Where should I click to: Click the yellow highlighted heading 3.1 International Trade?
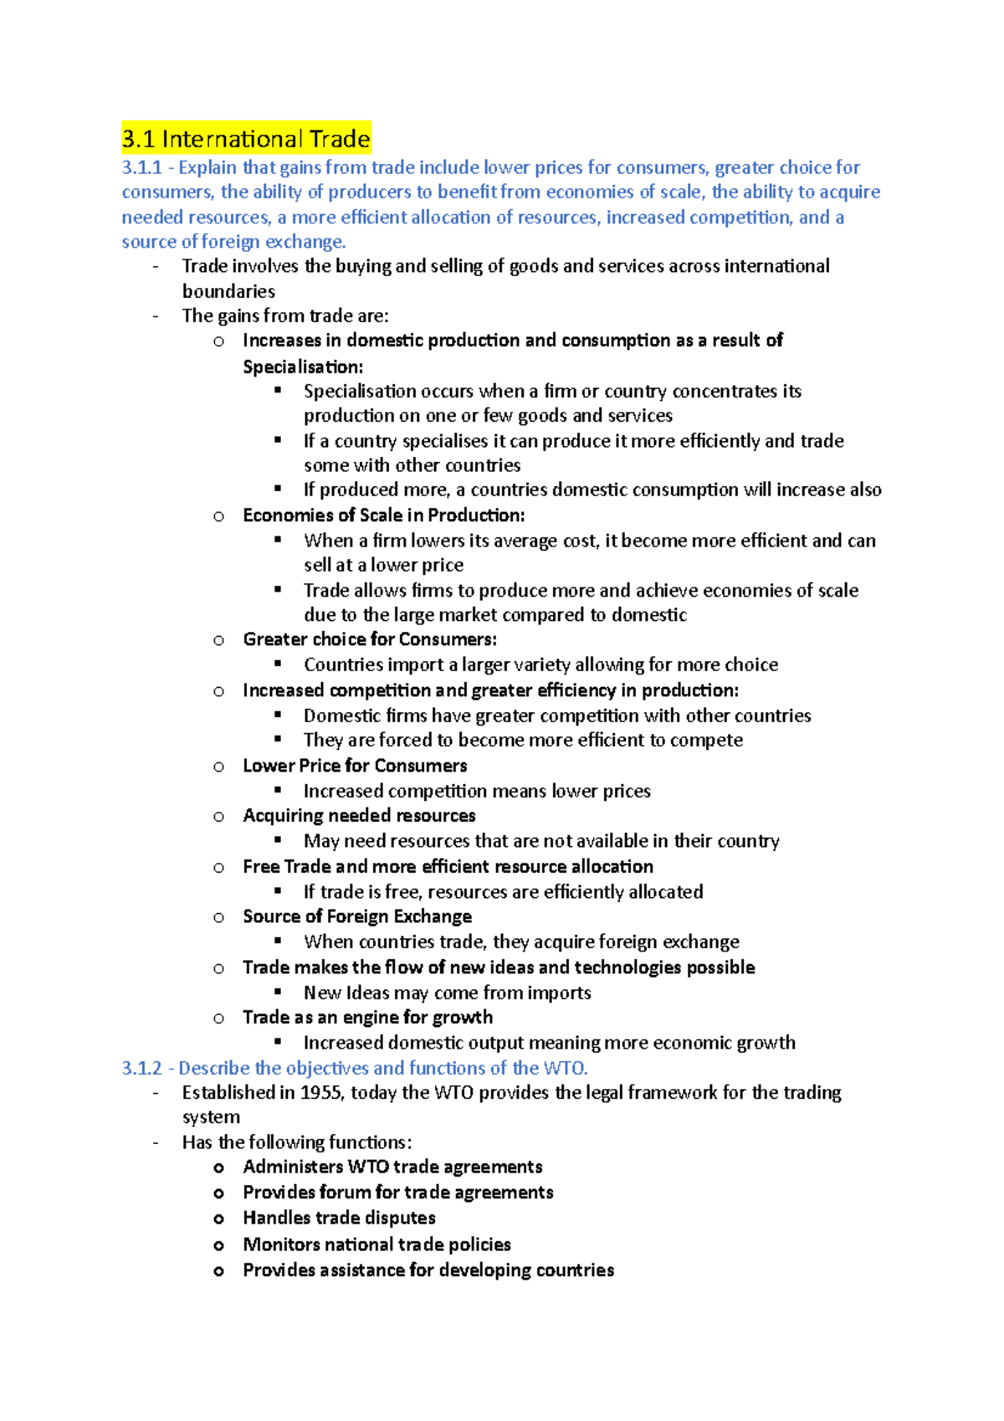pyautogui.click(x=246, y=139)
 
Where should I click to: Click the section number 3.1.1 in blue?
pyautogui.click(x=141, y=167)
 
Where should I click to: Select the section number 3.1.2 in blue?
pyautogui.click(x=141, y=1068)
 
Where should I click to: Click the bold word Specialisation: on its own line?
pyautogui.click(x=303, y=367)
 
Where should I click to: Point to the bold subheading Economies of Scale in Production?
pyautogui.click(x=383, y=516)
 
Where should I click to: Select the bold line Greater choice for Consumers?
pyautogui.click(x=370, y=639)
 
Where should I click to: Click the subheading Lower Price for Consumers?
pyautogui.click(x=355, y=766)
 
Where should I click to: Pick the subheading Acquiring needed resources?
pyautogui.click(x=359, y=816)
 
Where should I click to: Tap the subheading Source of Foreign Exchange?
pyautogui.click(x=357, y=916)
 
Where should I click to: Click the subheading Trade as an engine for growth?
pyautogui.click(x=367, y=1018)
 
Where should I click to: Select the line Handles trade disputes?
pyautogui.click(x=339, y=1218)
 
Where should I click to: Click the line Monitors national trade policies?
pyautogui.click(x=376, y=1244)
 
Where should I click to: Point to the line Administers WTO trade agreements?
pyautogui.click(x=392, y=1167)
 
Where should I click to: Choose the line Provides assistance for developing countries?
pyautogui.click(x=428, y=1270)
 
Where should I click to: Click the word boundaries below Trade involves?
pyautogui.click(x=228, y=291)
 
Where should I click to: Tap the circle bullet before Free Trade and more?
pyautogui.click(x=218, y=868)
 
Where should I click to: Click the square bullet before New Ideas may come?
pyautogui.click(x=279, y=993)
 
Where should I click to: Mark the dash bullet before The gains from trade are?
pyautogui.click(x=156, y=316)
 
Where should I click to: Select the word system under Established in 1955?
pyautogui.click(x=211, y=1117)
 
